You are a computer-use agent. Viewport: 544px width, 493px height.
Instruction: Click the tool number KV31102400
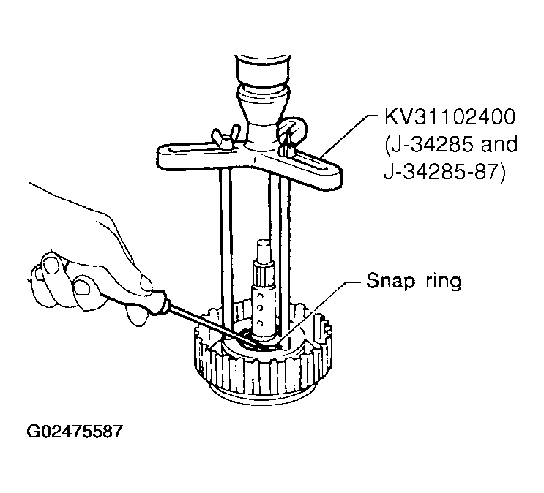[450, 116]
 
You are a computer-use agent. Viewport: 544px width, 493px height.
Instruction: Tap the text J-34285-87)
[444, 172]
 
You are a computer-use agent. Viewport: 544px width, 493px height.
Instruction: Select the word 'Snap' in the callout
[390, 281]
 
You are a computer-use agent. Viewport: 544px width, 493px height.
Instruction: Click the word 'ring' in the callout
[443, 281]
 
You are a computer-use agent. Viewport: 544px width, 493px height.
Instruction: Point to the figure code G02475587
[75, 432]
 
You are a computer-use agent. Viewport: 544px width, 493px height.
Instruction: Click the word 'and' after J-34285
[499, 143]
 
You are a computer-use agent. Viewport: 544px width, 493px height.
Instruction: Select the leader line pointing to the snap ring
[315, 312]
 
